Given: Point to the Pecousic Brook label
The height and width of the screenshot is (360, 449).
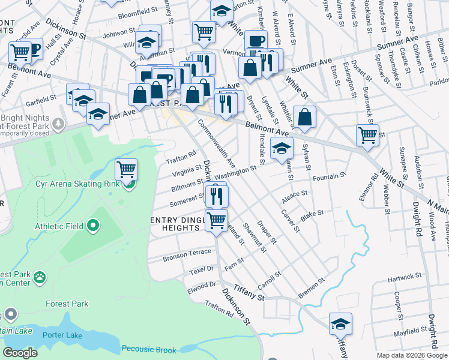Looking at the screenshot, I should pos(149,349).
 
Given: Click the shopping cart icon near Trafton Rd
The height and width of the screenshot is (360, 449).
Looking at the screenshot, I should pos(126,170).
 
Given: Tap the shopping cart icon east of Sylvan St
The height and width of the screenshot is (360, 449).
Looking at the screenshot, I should pos(367,136).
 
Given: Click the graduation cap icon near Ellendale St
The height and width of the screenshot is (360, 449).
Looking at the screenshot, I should pos(281,149).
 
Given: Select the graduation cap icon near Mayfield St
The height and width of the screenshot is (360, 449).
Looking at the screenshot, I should pos(340,324).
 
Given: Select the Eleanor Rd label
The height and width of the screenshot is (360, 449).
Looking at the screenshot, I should pos(376,185).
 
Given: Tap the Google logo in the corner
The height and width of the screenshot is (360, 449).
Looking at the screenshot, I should pos(20,353).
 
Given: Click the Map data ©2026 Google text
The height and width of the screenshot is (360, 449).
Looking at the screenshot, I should pos(411,355).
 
